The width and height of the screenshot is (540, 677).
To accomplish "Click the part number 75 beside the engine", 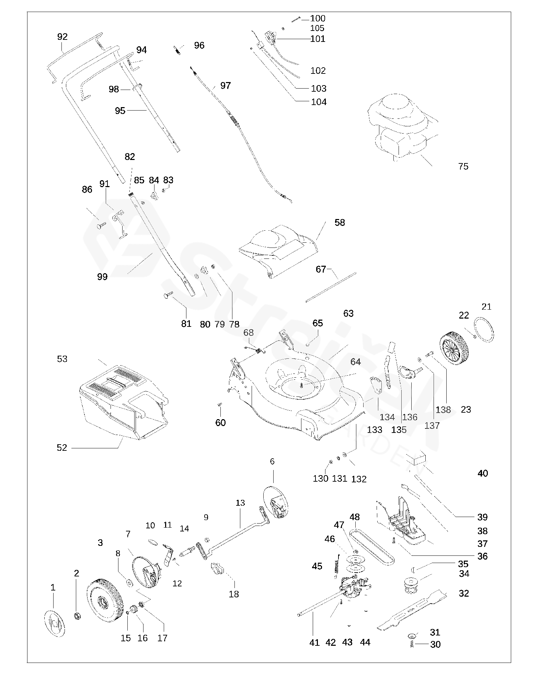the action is [463, 167].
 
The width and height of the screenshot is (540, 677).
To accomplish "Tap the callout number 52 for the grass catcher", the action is [62, 448].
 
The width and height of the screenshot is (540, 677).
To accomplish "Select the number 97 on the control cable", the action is [226, 85].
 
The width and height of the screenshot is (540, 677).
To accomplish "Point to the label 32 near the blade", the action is [463, 594].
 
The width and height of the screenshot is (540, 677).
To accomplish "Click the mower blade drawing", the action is [412, 610].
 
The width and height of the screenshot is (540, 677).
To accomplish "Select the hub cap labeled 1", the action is [55, 621].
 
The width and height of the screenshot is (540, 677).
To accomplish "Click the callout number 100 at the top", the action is [318, 18].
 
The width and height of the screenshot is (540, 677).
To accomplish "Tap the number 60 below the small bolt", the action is [220, 423].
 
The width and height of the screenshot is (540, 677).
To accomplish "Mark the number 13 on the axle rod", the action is [240, 503].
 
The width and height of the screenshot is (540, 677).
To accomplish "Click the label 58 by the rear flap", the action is [340, 222].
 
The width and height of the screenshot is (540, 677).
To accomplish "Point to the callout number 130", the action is [320, 478].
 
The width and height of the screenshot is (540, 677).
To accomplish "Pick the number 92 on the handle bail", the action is [62, 36].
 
